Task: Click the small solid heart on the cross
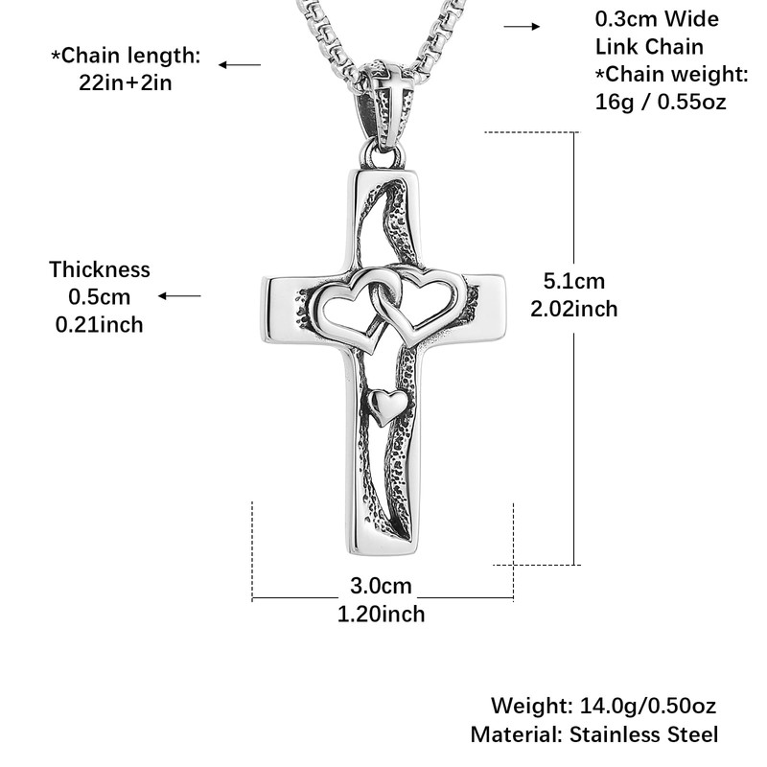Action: point(386,407)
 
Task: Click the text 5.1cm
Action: point(574,281)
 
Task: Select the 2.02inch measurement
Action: point(574,309)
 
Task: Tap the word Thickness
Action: point(100,269)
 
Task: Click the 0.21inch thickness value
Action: point(100,325)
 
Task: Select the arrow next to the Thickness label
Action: point(179,296)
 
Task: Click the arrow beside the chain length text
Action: point(239,64)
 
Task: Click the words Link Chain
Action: point(649,46)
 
